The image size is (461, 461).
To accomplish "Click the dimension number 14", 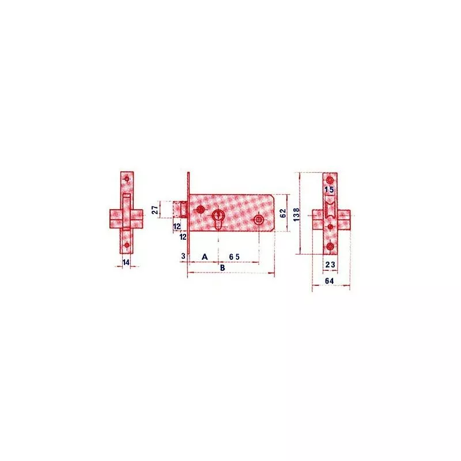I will pos(127,262).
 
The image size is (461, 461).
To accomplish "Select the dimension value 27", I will pos(155,209).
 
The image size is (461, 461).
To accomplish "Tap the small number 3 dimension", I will pos(183,255).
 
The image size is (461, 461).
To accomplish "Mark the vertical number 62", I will pos(282,212).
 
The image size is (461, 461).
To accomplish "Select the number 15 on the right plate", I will pos(329,189).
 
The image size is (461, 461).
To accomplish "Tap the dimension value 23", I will pos(330,265).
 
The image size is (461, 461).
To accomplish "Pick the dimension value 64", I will pos(329,281).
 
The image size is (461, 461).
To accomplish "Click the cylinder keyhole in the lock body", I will pos(219,218).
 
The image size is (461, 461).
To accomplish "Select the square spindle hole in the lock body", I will pos(259,219).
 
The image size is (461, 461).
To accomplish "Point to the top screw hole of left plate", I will pos(127,179).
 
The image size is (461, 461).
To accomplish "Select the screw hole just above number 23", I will pos(330,247).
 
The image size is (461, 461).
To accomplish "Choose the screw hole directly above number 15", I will pos(330,180).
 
